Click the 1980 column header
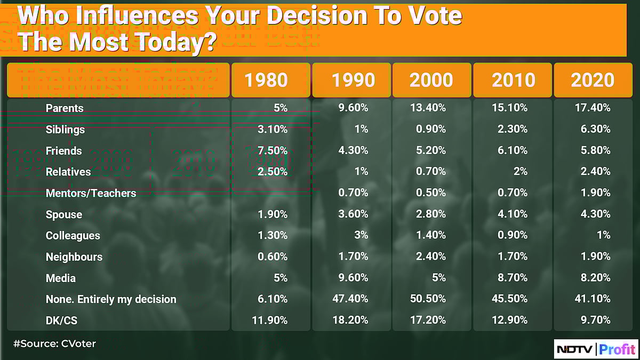click(x=266, y=80)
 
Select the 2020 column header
click(x=593, y=80)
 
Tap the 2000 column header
click(x=431, y=80)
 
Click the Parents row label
click(x=65, y=108)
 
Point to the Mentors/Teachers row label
click(x=91, y=193)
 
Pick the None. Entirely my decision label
click(x=111, y=299)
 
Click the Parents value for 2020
click(x=593, y=108)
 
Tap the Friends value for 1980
click(x=272, y=150)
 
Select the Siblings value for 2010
click(x=513, y=129)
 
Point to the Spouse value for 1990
click(x=353, y=214)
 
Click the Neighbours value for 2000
click(x=431, y=257)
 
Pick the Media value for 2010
click(x=513, y=278)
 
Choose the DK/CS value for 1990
click(x=350, y=320)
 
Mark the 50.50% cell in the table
click(x=428, y=299)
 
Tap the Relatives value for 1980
click(x=272, y=172)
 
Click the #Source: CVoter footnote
click(x=54, y=343)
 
